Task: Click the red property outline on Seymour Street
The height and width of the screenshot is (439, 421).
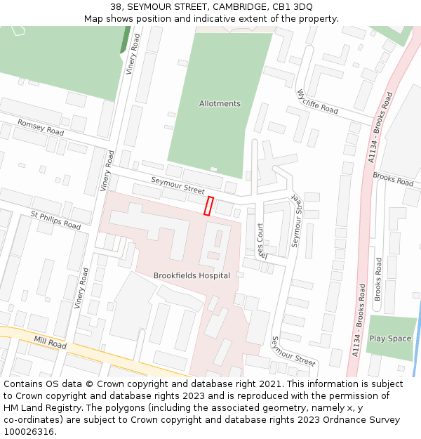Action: point(208,206)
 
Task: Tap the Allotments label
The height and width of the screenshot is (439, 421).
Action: point(220,104)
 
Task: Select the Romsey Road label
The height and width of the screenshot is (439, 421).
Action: point(41,127)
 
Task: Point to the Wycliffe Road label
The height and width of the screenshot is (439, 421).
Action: point(317,102)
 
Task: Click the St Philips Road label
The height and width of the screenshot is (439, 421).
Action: point(55,220)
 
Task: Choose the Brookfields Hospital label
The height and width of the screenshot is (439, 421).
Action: point(192,275)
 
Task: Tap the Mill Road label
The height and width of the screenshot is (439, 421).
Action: point(50,343)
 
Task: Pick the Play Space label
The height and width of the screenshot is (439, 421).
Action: point(390,339)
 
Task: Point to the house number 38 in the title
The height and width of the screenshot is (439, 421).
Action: point(116,7)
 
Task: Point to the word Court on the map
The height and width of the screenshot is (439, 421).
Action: point(260,233)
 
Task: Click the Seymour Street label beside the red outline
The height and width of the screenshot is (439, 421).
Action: point(178,185)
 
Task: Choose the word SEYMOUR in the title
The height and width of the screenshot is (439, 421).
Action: point(149,7)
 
